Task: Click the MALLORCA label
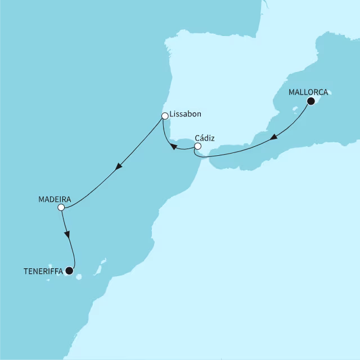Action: (308, 92)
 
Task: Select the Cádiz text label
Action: (205, 137)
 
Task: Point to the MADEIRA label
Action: (54, 199)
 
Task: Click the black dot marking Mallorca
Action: (310, 101)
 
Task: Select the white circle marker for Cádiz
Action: (197, 147)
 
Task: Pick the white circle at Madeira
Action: (61, 208)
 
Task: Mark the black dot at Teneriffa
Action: (69, 271)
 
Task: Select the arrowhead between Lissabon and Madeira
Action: (118, 167)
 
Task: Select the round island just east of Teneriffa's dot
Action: (78, 276)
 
